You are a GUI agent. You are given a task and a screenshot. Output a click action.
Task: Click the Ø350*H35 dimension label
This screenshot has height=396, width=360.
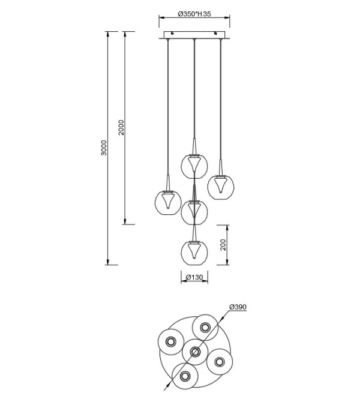coord(194,14)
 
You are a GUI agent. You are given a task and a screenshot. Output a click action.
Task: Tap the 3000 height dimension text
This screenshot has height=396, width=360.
coord(104,148)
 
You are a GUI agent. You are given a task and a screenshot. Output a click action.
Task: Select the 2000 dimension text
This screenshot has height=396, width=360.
coord(122,127)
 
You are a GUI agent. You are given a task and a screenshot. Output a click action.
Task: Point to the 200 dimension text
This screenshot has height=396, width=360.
coord(223,245)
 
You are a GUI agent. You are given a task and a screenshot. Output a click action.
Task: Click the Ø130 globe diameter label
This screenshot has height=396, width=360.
coord(194,277)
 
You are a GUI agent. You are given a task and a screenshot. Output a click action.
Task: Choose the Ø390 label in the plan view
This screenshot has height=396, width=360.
coord(238,307)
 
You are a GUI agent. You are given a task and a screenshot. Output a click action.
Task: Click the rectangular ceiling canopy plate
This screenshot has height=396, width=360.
coord(194,35)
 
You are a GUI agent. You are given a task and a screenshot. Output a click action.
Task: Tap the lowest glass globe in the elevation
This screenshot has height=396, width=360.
coord(194,253)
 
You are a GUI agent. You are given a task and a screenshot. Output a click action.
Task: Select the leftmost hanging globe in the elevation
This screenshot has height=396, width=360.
coord(168,203)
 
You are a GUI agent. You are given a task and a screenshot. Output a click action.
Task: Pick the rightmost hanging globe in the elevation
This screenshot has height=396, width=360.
coord(221,187)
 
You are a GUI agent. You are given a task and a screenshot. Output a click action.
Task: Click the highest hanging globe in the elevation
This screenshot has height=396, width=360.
coord(194,167)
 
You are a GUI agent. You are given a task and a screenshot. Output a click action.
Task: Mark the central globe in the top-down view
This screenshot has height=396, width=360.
coord(195,352)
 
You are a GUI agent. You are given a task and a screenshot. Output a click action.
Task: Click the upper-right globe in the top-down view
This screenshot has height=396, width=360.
coord(205,328)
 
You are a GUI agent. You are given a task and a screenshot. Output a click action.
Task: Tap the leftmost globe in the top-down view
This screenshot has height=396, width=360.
coord(171,342)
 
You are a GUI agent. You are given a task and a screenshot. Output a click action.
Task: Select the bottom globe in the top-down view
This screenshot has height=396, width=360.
coord(185,376)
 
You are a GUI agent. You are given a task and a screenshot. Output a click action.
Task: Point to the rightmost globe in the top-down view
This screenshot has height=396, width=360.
coord(219,362)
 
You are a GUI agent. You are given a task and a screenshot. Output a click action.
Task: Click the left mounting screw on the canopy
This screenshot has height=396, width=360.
coord(172,33)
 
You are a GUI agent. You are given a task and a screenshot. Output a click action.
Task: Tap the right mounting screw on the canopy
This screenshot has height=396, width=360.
coord(215,33)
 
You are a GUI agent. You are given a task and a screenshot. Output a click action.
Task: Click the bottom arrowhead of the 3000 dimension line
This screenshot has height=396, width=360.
coord(108,262)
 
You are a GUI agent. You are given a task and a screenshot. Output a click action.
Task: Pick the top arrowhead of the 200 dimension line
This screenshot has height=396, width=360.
coord(227,228)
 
